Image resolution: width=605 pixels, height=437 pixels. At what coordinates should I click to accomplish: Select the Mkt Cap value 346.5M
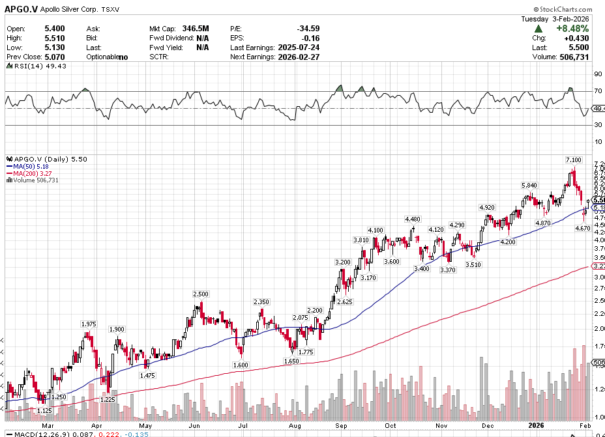click(196, 29)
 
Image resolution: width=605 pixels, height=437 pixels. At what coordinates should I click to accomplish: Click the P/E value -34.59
click(308, 29)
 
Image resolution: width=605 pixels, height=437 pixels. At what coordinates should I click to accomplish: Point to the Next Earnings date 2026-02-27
click(297, 57)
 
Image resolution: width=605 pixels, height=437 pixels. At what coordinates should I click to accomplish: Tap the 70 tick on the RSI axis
click(597, 92)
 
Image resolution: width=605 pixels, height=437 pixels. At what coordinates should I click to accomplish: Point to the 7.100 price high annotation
click(573, 160)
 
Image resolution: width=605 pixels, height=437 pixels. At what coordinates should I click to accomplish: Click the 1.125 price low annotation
click(44, 410)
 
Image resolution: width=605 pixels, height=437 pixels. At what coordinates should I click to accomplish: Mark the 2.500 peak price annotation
click(201, 294)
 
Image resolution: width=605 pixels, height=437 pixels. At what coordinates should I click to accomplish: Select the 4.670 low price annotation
click(582, 229)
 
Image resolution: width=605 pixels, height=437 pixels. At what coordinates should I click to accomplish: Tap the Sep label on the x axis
click(340, 425)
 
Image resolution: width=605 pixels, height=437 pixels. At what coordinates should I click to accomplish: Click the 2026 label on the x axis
click(536, 425)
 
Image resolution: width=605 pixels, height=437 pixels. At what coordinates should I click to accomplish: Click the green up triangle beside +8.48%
click(539, 29)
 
